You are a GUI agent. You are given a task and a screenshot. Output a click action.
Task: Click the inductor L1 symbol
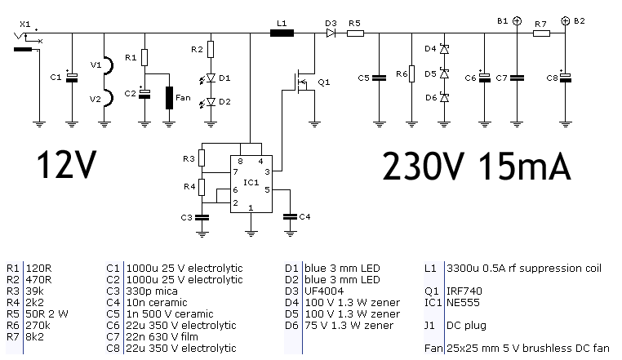coord(282,33)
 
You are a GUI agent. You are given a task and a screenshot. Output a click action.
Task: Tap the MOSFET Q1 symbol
coord(304,82)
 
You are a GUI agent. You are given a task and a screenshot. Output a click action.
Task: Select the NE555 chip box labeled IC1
coord(251,184)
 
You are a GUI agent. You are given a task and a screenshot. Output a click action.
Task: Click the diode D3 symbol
coord(331,33)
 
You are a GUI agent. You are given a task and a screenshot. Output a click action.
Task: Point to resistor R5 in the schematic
coord(355,33)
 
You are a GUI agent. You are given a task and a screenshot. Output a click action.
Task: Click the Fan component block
coord(170,98)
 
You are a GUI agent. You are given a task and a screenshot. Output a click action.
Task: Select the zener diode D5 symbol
coord(444,73)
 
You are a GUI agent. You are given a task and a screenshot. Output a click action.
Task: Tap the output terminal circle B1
coord(517,21)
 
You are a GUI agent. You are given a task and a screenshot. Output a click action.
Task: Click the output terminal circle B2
coord(566,21)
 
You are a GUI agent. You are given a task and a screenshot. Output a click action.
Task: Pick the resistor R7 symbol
coord(541,33)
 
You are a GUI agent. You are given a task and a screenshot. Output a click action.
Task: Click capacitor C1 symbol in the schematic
coord(72,78)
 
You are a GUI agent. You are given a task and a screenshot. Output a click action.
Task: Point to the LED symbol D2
coord(211,102)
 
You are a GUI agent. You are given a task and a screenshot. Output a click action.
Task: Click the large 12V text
coord(67,165)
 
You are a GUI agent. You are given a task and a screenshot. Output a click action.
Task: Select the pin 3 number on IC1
coord(268,172)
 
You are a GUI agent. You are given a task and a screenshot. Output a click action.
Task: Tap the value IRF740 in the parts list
coord(464,291)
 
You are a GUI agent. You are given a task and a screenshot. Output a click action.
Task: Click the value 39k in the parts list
coord(34,291)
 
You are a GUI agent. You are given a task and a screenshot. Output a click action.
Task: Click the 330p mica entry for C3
coord(152,291)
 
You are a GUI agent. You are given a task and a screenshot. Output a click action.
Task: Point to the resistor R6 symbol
coord(411,73)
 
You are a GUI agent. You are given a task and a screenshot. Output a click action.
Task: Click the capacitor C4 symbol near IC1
coord(290,216)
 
